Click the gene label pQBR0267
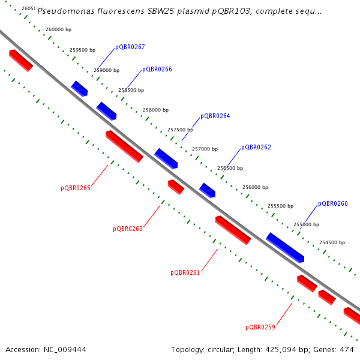pos(130,47)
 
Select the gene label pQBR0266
pos(157,70)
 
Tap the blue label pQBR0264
pos(215,116)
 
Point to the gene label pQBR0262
pos(256,148)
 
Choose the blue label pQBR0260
pos(333,204)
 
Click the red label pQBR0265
pos(76,188)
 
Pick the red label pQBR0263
pos(128,229)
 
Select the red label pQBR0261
pos(185,272)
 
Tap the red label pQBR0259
pos(260,327)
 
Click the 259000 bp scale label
pos(107,70)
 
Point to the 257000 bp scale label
pos(205,149)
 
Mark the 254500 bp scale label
pos(332,243)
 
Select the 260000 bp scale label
pos(58,29)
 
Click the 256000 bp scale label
pos(255,188)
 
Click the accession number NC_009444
pos(63,349)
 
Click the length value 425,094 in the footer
pos(280,349)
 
